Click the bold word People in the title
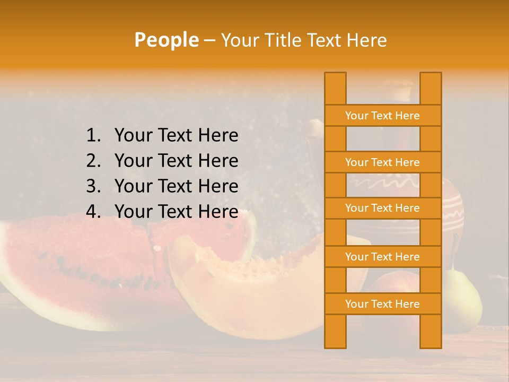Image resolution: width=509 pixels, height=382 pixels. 166,40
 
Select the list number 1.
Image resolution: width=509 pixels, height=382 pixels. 93,136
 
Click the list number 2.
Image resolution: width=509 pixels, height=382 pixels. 93,161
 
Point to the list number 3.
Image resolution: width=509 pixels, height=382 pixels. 93,186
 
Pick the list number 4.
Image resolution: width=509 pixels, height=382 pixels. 93,212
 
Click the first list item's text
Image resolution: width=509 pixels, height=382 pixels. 176,136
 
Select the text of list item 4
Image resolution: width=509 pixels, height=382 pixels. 176,212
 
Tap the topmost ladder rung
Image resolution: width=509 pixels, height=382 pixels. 382,116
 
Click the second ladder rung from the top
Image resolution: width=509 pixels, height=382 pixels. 382,162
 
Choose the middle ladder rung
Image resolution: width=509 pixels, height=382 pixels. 382,208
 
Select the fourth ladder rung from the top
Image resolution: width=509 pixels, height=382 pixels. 382,257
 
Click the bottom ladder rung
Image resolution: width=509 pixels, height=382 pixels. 382,304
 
